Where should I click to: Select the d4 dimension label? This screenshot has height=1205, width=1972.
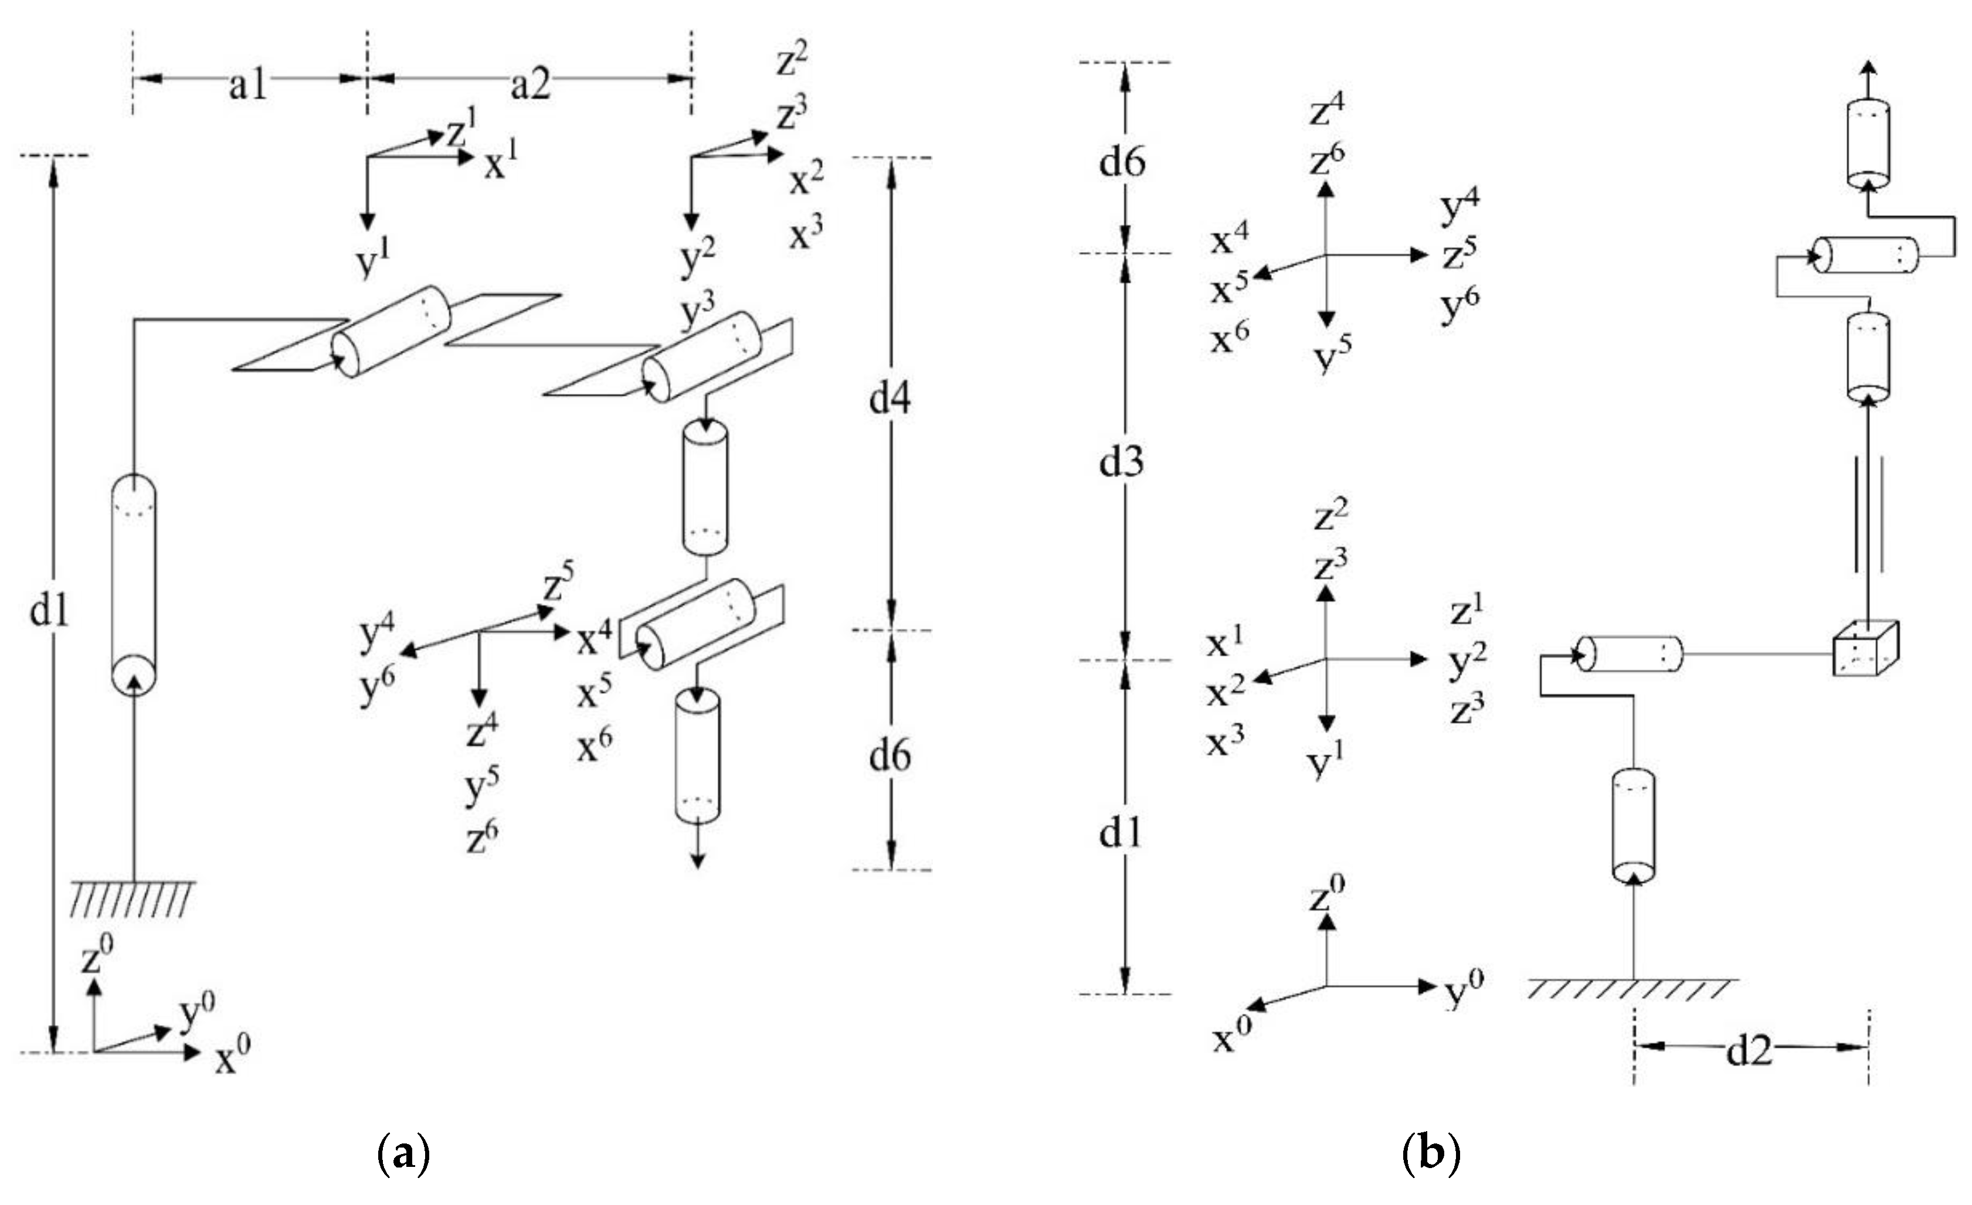click(889, 398)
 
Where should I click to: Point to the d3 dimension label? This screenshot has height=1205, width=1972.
click(1121, 462)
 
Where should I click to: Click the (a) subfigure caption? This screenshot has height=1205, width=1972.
click(403, 1155)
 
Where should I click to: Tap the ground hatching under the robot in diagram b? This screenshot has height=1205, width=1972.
click(1632, 989)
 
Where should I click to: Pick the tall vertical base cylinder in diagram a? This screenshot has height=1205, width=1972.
click(134, 583)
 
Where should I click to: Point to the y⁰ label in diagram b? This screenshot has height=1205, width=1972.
click(1464, 990)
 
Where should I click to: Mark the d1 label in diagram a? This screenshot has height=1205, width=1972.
click(49, 611)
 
